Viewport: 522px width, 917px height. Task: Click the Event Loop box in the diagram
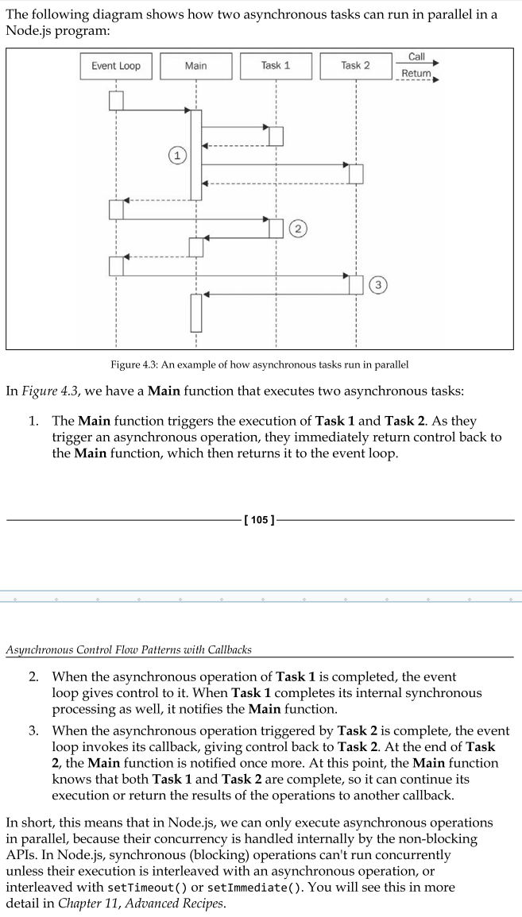click(x=116, y=66)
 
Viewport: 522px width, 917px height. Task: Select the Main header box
click(x=195, y=66)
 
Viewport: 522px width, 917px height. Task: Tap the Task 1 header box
click(x=275, y=66)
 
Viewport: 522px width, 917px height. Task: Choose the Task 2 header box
click(x=355, y=66)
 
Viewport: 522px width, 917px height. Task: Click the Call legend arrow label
click(x=416, y=56)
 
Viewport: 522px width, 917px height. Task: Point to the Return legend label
click(x=416, y=73)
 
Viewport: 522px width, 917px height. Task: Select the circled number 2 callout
click(x=297, y=229)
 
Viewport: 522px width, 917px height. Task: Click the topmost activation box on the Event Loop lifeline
click(x=116, y=101)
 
